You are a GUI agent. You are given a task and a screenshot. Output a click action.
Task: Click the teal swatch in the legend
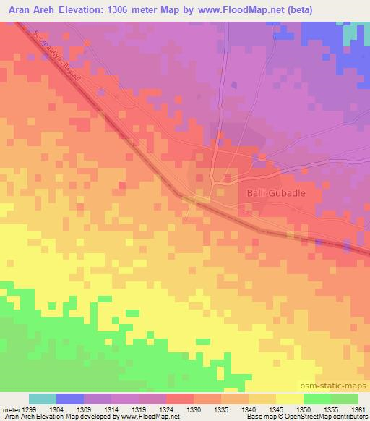coord(43,399)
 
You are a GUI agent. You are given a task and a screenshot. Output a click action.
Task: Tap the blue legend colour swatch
coord(70,399)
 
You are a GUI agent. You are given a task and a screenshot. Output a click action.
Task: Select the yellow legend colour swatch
coord(290,399)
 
